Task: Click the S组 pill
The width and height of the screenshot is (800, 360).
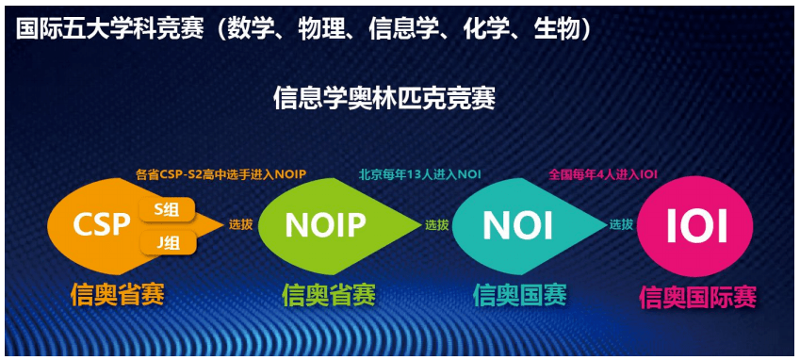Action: coord(168,209)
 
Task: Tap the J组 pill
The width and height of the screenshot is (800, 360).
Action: coord(168,243)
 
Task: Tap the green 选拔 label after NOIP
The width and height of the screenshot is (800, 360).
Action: coord(436,225)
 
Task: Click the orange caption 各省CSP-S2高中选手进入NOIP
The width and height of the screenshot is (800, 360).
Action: coord(220,173)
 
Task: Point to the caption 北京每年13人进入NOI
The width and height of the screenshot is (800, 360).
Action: coord(419,173)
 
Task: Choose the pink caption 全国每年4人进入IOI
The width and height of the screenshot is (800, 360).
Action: coord(603,173)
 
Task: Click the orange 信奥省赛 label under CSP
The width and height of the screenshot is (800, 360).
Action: coord(117,294)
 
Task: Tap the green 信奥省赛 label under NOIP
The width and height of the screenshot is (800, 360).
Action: coord(328,296)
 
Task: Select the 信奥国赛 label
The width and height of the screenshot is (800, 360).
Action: coord(519,295)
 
